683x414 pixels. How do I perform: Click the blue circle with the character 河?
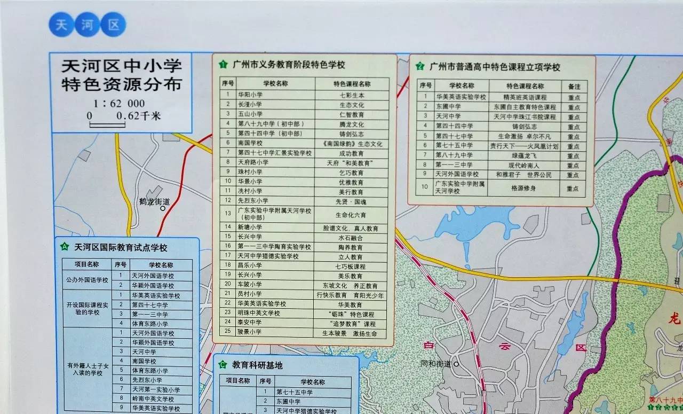[87, 25]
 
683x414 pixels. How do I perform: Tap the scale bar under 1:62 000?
[107, 124]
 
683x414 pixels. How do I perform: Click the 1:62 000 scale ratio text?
[119, 104]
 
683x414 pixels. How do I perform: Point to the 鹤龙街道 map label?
[154, 201]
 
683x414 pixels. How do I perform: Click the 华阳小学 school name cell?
[250, 95]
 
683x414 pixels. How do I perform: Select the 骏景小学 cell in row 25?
[250, 332]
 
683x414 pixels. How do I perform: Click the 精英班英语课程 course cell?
[525, 97]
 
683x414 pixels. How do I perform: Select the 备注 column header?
[574, 85]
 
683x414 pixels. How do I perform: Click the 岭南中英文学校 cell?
[153, 399]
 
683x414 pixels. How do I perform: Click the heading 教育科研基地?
[257, 365]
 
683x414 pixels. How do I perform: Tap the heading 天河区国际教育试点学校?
[121, 247]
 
